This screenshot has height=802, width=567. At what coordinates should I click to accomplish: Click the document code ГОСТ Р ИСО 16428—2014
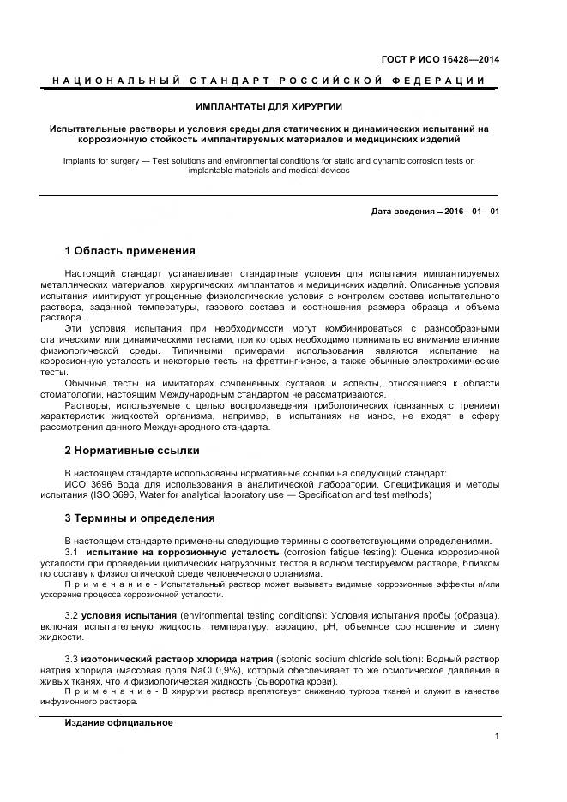tap(440, 59)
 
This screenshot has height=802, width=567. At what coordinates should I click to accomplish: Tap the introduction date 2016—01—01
tap(471, 211)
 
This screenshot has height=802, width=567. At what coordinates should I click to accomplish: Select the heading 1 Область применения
tap(130, 251)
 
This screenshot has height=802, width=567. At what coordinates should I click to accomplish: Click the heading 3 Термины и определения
tap(140, 518)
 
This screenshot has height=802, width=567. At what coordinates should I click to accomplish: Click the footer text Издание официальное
tap(118, 722)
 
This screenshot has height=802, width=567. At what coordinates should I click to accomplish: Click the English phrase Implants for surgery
tap(100, 160)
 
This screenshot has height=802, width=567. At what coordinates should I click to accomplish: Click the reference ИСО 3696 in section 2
tap(88, 483)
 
